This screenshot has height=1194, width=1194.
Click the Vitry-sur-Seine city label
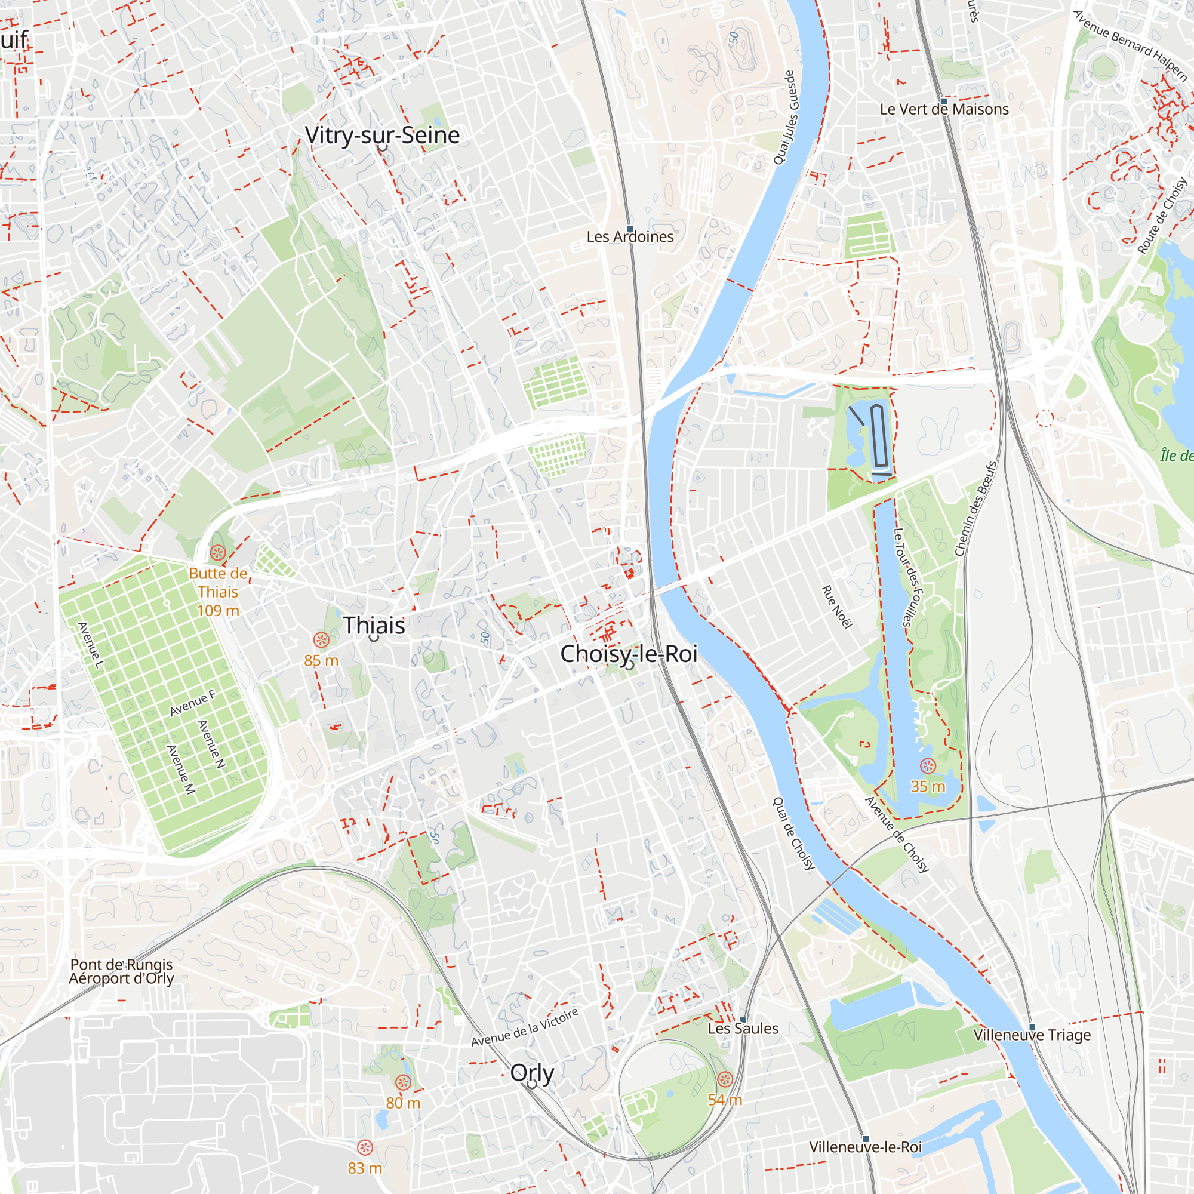[382, 135]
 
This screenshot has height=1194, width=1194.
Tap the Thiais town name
[374, 625]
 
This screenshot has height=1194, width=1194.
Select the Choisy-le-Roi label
[629, 653]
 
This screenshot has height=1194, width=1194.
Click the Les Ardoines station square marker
[630, 229]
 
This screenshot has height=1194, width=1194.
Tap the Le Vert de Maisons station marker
[944, 101]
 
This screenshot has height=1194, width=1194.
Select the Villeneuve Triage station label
[1032, 1035]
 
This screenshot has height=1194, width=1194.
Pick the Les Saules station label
[743, 1029]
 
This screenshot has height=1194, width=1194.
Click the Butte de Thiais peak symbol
[217, 552]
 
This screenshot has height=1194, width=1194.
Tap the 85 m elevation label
[321, 661]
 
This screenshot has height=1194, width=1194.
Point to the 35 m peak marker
[928, 767]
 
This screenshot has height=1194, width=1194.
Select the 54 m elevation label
[724, 1100]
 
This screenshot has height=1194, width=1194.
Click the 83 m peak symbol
[365, 1147]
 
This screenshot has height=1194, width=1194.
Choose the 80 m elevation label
[403, 1103]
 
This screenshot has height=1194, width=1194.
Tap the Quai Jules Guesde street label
[787, 118]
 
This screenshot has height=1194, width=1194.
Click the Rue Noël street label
[837, 607]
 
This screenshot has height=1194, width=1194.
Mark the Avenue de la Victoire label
[525, 1027]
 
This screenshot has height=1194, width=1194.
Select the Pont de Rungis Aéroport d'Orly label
[121, 971]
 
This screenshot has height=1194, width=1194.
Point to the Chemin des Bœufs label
[976, 509]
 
